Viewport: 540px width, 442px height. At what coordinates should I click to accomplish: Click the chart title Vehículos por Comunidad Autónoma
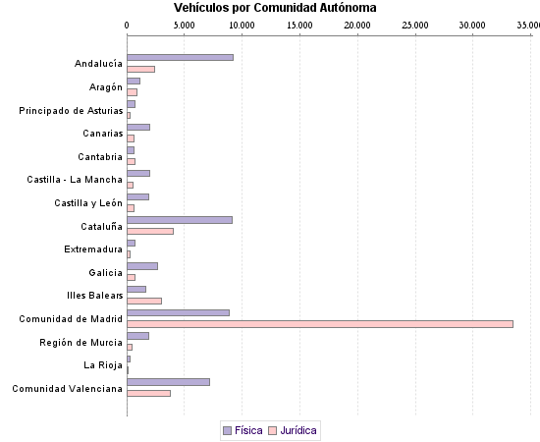[275, 8]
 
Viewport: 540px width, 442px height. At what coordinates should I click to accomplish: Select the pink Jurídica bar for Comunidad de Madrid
[320, 324]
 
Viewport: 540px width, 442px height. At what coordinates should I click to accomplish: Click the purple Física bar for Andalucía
[180, 57]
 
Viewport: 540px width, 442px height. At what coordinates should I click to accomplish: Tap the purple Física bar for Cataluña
[180, 220]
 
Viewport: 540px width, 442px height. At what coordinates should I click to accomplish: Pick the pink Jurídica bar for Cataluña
[150, 231]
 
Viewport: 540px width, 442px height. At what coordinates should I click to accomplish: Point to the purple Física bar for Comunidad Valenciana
[168, 382]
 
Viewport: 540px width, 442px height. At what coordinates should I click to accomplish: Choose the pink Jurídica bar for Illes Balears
[144, 301]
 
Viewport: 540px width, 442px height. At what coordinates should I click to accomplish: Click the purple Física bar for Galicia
[142, 266]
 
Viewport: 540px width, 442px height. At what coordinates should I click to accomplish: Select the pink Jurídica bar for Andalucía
[140, 69]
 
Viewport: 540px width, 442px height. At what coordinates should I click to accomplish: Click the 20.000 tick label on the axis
[357, 25]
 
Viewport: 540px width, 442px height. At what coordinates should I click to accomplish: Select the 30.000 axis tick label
[472, 25]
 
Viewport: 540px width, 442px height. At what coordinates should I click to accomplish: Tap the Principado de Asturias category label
[71, 111]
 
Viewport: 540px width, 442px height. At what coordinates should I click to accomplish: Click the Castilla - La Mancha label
[75, 180]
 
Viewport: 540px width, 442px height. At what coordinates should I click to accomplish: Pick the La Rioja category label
[103, 365]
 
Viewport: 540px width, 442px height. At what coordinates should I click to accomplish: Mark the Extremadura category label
[93, 249]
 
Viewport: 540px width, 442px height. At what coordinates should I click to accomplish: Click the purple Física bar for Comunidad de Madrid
[178, 312]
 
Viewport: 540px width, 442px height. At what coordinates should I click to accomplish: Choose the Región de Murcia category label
[81, 342]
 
